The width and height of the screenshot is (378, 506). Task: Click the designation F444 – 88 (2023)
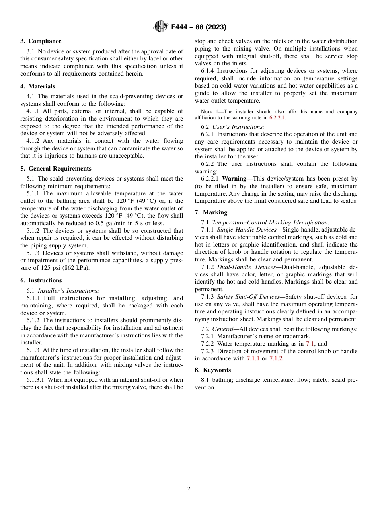[199, 27]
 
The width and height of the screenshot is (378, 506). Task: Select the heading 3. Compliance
[41, 41]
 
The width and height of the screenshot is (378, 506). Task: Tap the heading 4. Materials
[38, 86]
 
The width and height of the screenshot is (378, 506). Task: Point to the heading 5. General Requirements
[56, 169]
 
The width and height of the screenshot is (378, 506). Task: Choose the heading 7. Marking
[211, 212]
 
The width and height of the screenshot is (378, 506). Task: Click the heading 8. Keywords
[212, 370]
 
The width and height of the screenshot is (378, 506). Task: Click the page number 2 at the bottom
[189, 489]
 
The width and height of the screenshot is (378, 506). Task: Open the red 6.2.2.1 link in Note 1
[277, 118]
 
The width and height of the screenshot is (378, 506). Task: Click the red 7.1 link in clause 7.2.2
[310, 344]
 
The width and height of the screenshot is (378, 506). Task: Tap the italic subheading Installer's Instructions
[68, 291]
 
